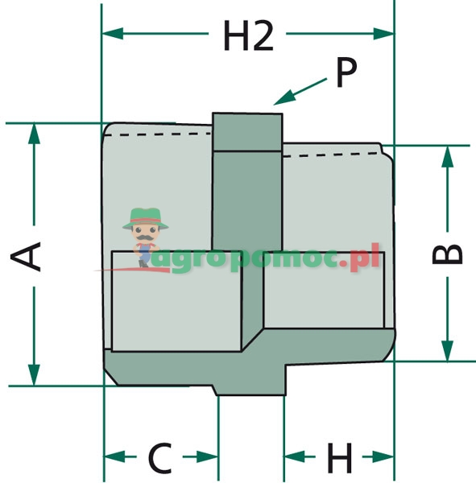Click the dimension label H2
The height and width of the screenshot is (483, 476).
coord(249,35)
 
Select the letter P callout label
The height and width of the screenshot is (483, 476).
coord(346,72)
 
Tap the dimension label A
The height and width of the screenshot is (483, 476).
coord(26,256)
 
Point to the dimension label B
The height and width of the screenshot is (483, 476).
coord(447,254)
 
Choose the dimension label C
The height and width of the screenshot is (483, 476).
coord(160,458)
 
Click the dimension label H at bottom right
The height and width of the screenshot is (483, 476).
coord(339,458)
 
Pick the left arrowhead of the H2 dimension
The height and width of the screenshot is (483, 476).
coord(113,33)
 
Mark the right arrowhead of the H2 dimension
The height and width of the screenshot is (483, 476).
coord(383,33)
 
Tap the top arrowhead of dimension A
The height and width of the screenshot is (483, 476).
coord(34,134)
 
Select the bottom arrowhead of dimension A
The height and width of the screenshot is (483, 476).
coord(34,374)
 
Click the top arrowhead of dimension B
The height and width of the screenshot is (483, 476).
coord(447,156)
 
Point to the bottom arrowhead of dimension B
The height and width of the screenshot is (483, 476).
coord(447,350)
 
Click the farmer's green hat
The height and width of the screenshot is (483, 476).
coord(146,218)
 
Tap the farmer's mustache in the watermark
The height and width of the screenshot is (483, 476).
coord(145,237)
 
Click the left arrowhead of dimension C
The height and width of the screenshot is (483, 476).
coord(114,456)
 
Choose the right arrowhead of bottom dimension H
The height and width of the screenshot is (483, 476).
coord(383,456)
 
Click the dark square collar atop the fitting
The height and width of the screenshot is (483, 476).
coord(247,132)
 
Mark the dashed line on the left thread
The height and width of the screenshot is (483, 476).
coord(158,134)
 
